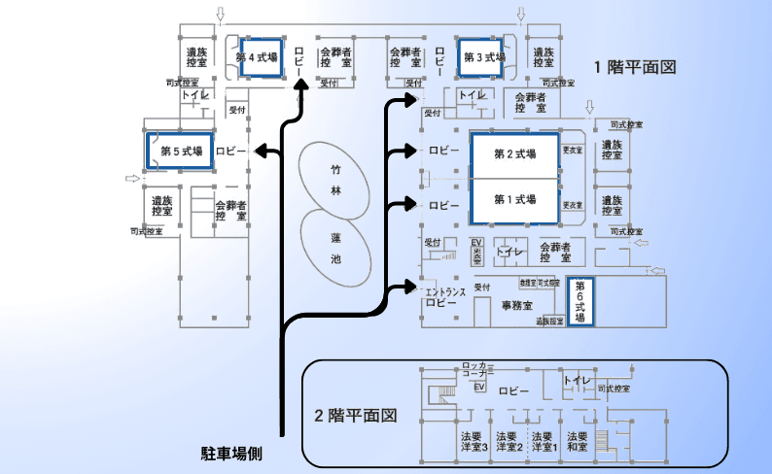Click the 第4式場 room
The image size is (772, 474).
tap(258, 57)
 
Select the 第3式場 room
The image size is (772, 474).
tap(484, 57)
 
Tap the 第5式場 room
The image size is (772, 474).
tap(181, 151)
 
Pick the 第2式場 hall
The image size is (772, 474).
tap(514, 154)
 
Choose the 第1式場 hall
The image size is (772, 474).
tap(514, 199)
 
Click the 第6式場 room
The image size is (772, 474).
tap(579, 301)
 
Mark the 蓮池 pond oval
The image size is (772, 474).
tap(335, 248)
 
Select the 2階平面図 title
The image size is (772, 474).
tap(357, 415)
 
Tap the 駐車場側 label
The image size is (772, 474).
tap(232, 453)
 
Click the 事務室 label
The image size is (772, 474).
tap(516, 305)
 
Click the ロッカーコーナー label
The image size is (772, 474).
tap(478, 369)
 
